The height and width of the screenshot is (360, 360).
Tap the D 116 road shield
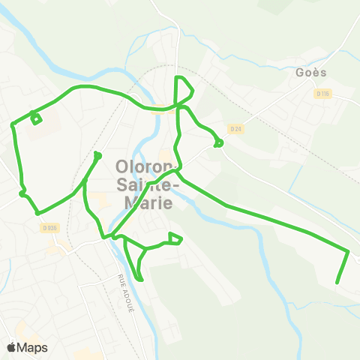(322, 94)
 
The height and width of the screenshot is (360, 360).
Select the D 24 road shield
(236, 128)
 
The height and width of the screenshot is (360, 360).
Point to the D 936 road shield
(50, 228)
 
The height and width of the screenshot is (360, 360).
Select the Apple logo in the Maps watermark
(12, 347)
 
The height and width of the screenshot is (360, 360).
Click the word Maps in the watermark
(33, 347)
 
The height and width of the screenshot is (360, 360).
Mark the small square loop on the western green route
(35, 117)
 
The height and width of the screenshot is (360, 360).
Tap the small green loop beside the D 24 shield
(218, 142)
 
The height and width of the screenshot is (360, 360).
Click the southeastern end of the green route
(337, 283)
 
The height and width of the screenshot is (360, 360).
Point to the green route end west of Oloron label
(97, 155)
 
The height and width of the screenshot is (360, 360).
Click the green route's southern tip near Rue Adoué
(140, 280)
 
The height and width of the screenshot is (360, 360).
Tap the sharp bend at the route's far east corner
(349, 251)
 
